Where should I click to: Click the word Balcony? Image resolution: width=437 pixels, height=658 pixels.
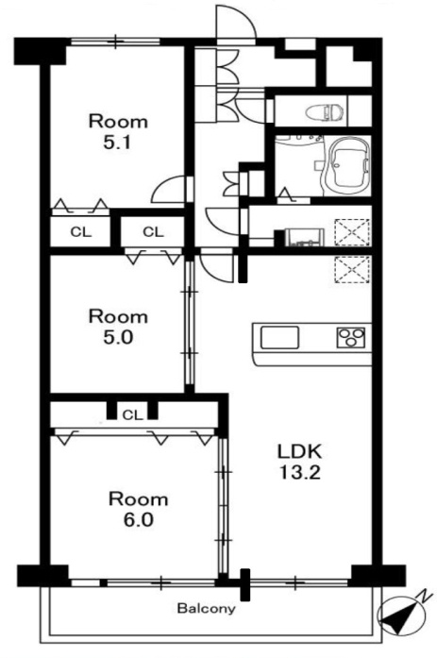[206, 609]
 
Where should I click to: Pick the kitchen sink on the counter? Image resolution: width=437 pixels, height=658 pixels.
[279, 337]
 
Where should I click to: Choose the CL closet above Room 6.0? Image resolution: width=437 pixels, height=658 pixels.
[132, 413]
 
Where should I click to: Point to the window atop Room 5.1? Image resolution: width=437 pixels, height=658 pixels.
[114, 41]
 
